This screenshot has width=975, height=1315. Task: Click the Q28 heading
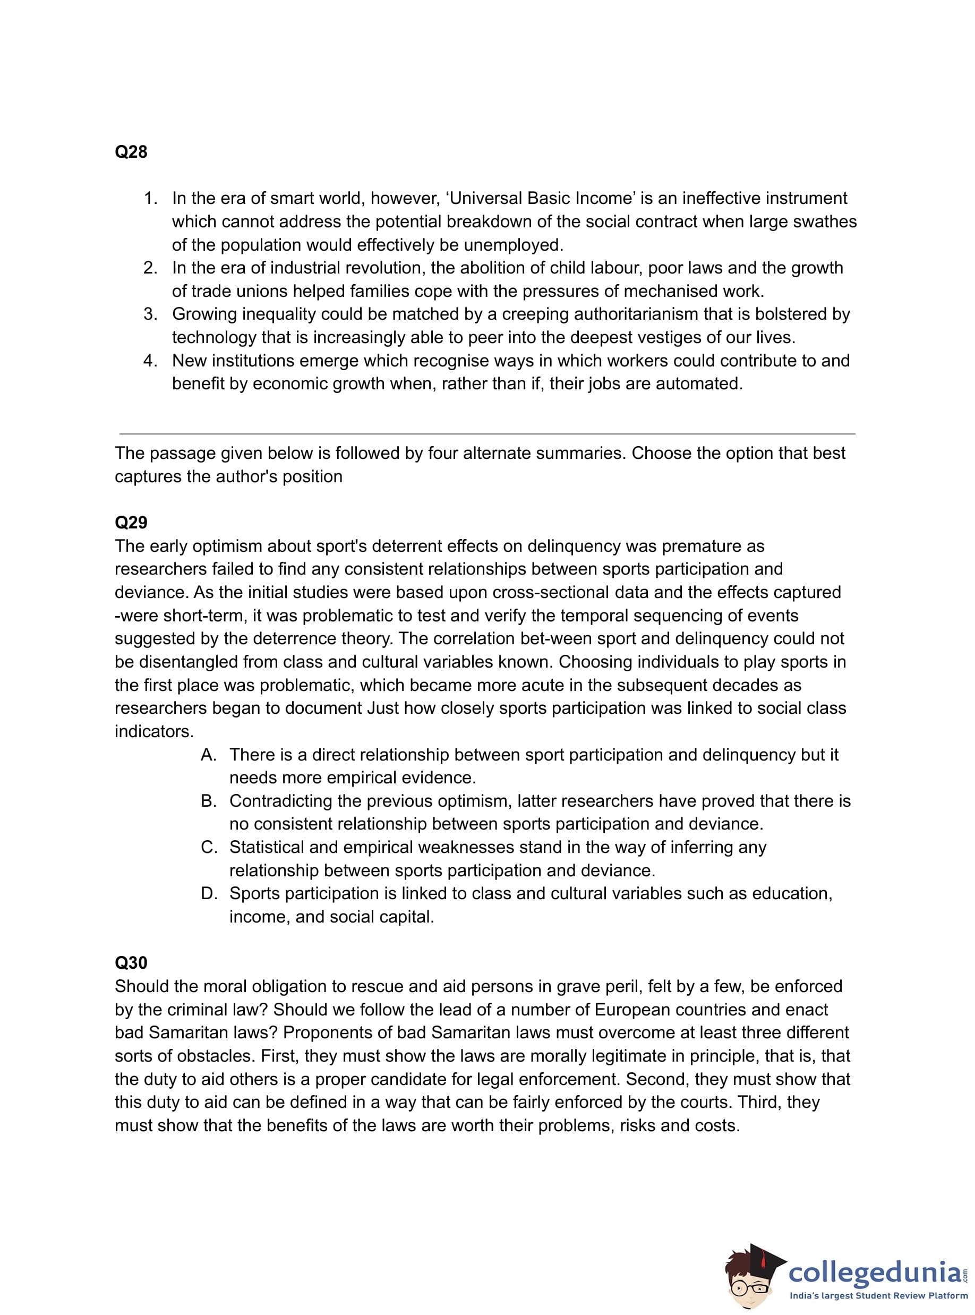(x=131, y=152)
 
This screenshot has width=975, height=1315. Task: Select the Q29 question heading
(x=131, y=523)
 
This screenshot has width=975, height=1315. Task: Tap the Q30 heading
(x=131, y=963)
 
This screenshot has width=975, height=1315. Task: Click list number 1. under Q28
(x=151, y=198)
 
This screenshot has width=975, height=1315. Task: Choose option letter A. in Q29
(x=209, y=755)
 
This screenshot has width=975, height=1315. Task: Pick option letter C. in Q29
(x=209, y=847)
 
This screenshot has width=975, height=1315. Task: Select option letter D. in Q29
(x=209, y=894)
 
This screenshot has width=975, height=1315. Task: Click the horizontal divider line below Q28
(x=487, y=434)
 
